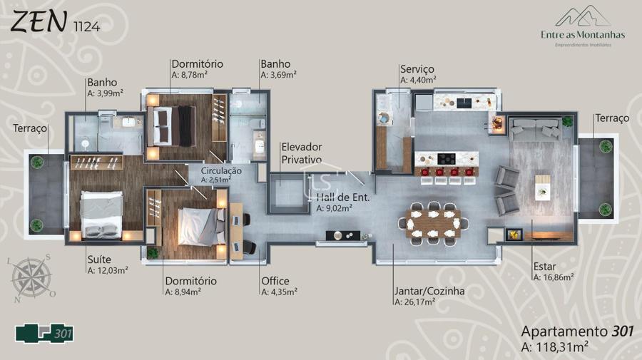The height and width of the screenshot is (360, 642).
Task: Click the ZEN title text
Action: [x=37, y=21]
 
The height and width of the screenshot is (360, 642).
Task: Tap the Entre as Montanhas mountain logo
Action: [x=583, y=16]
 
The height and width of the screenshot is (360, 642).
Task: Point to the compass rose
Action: [x=31, y=278]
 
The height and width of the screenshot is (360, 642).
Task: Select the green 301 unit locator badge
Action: [x=44, y=334]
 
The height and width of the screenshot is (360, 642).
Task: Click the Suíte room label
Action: [x=99, y=259]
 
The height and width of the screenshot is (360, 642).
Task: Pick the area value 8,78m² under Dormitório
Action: [x=190, y=75]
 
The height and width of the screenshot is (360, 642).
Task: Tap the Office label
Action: [x=275, y=281]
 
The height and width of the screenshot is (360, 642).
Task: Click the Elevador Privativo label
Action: [x=302, y=153]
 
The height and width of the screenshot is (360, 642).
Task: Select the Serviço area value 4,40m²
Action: [x=418, y=80]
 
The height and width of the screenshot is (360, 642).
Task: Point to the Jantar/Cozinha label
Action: [x=429, y=291]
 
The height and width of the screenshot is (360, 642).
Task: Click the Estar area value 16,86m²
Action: [x=554, y=277]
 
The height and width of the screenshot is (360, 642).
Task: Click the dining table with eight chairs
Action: [x=433, y=223]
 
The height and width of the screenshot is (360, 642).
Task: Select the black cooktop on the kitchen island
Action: [x=447, y=158]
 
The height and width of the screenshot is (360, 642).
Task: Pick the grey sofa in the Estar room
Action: [x=535, y=128]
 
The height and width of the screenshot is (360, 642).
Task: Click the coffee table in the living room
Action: [x=543, y=187]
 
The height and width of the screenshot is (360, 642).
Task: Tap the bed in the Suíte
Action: [x=101, y=215]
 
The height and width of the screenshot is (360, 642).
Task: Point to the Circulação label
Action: [x=221, y=171]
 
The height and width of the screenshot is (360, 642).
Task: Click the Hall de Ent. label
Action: [x=342, y=197]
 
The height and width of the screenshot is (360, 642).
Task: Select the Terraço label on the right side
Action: [x=612, y=118]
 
